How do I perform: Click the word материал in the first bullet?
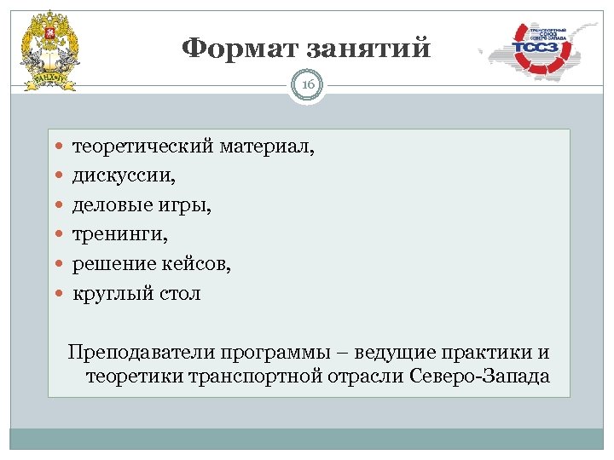click(x=266, y=149)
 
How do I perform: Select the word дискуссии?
click(x=124, y=178)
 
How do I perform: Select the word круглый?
click(x=108, y=294)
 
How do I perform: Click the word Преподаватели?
click(x=141, y=352)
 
